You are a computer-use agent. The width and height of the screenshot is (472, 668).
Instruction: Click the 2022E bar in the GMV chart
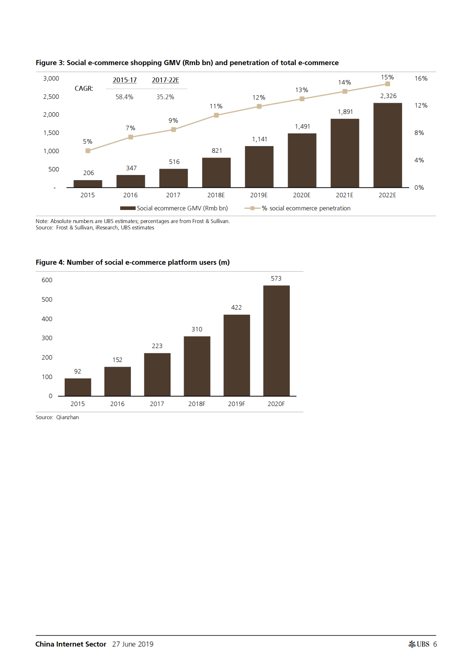click(x=388, y=145)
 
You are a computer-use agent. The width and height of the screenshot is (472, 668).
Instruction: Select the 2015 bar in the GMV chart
click(x=88, y=183)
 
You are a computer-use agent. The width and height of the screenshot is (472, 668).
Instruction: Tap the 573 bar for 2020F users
click(x=276, y=341)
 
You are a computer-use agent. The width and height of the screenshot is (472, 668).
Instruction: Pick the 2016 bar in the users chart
click(x=117, y=381)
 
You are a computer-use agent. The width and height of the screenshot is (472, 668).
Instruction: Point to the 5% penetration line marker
click(x=88, y=151)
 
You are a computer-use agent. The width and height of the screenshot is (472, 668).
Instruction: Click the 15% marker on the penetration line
click(x=388, y=84)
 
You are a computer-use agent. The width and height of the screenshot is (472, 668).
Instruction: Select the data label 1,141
click(x=259, y=139)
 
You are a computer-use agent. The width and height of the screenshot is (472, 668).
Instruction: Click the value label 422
click(x=236, y=308)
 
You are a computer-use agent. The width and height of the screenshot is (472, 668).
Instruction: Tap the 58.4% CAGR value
click(x=124, y=97)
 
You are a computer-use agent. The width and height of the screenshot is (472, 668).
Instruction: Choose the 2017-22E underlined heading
click(x=165, y=80)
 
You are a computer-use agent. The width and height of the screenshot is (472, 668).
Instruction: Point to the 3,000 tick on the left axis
click(x=51, y=79)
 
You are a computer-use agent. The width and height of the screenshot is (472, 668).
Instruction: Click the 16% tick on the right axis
click(x=421, y=79)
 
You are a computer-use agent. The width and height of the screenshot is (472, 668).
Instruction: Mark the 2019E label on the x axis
click(x=259, y=195)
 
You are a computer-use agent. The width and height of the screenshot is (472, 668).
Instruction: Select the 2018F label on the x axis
click(x=197, y=404)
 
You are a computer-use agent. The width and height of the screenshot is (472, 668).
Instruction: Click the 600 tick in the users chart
click(x=47, y=280)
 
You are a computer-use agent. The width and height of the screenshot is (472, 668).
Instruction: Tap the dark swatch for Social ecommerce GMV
click(x=128, y=208)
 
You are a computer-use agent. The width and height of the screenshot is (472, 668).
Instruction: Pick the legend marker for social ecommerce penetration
click(x=252, y=208)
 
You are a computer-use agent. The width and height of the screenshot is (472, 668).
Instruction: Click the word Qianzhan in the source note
click(x=67, y=418)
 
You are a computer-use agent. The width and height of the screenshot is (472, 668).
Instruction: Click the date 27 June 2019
click(x=132, y=644)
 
